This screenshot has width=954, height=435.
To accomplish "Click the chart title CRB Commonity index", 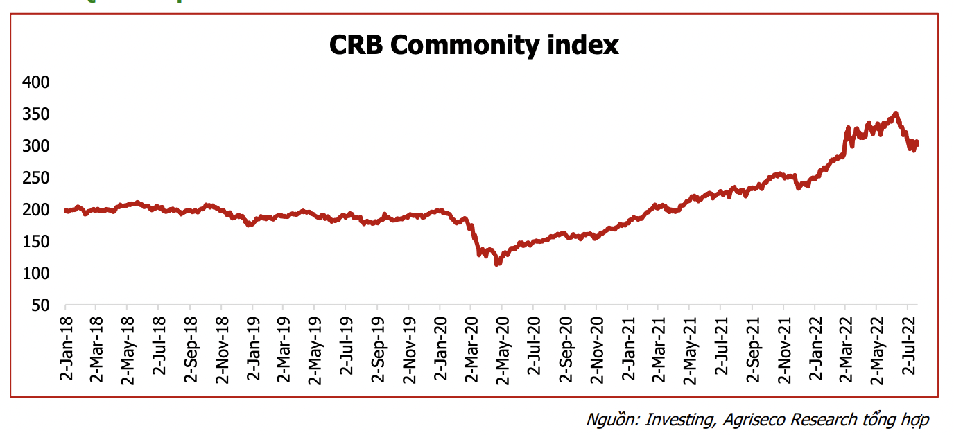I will coord(474,46).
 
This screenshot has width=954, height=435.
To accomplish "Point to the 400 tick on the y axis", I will coord(37,82).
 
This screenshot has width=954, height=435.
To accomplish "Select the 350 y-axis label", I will coord(37,114).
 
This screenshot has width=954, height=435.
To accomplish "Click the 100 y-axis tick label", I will coord(37,274).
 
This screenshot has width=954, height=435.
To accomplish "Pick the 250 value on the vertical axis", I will coord(37,178).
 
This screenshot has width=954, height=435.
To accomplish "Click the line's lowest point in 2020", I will coord(497,264).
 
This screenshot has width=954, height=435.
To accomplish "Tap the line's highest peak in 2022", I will coord(896,113).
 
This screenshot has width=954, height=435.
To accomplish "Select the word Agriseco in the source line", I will coord(754,420).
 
